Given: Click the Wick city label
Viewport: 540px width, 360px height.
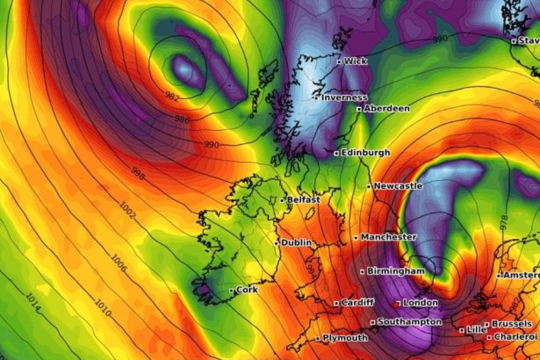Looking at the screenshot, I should tap(356, 61).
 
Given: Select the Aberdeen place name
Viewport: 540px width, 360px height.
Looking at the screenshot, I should tap(387, 108).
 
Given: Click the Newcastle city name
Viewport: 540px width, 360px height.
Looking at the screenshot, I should tap(398, 186).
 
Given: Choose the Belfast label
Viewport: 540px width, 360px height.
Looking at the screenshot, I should tap(303, 200).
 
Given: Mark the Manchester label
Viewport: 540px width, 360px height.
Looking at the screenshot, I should tap(389, 237).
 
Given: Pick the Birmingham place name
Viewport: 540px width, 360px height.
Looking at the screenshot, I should tap(396, 271).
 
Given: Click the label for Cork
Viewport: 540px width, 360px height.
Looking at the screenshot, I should tap(248, 289).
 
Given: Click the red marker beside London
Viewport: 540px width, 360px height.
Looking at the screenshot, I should tap(397, 304).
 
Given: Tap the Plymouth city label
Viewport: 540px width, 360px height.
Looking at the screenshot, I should tap(345, 338).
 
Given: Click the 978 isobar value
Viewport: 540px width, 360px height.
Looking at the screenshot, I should tap(505, 223).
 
